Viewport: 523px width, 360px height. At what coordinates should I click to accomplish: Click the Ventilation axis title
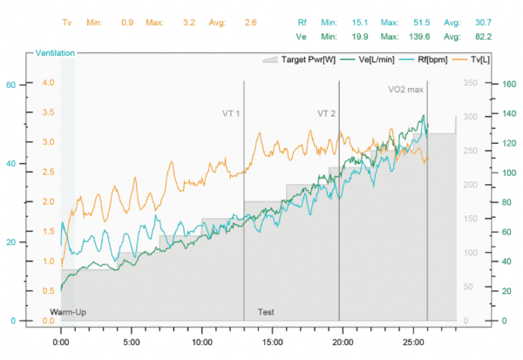point(55,53)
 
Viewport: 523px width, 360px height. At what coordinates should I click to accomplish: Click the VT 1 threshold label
point(230,113)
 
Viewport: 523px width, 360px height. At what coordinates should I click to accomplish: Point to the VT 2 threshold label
point(326,113)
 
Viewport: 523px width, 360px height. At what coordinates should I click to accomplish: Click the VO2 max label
point(405,89)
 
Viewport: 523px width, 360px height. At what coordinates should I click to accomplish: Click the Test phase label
point(266,311)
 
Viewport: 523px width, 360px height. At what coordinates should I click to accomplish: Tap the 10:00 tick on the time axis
point(201,343)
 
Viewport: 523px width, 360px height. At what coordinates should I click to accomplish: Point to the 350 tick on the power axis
point(471,83)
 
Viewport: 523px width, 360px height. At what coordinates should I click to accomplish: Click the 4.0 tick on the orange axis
point(49,83)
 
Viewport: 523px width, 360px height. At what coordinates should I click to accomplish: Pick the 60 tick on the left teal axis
point(11,85)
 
